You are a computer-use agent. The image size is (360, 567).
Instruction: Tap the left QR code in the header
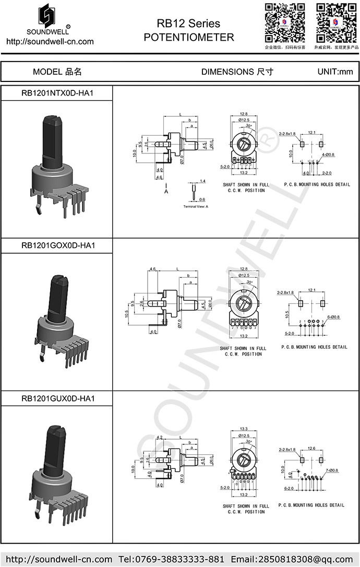click(285, 22)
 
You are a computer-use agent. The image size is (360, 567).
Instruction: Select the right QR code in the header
click(336, 22)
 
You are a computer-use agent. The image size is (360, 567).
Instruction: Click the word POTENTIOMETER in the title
click(188, 38)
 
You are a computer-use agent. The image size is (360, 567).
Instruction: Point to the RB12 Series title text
click(188, 23)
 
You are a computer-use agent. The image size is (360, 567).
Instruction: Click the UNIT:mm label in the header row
click(335, 72)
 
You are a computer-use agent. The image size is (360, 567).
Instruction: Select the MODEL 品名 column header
click(57, 72)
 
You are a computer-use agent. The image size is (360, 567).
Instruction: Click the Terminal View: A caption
click(196, 207)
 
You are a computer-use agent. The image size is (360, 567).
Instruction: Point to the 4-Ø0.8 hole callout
click(328, 155)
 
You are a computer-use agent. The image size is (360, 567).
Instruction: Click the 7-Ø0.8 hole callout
click(331, 470)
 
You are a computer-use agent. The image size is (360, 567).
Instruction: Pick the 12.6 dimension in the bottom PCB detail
click(311, 448)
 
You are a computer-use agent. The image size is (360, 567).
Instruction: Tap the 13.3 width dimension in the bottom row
click(243, 429)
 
